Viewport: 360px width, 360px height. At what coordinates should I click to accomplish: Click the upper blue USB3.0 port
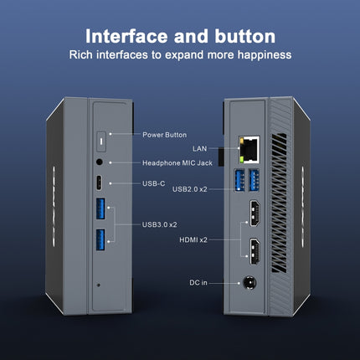101,210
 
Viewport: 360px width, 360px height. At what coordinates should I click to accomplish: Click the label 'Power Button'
164,134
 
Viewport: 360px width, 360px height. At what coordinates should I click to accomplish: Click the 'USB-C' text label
154,183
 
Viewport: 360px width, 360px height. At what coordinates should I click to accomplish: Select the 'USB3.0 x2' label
161,224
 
